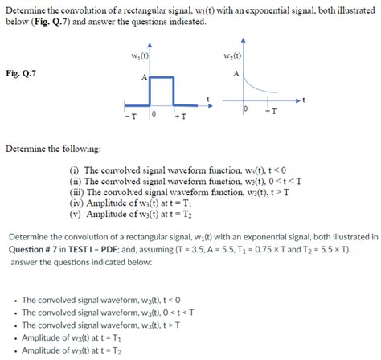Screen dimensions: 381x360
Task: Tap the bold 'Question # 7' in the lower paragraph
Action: click(35, 249)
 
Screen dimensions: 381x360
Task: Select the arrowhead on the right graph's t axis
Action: click(302, 100)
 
